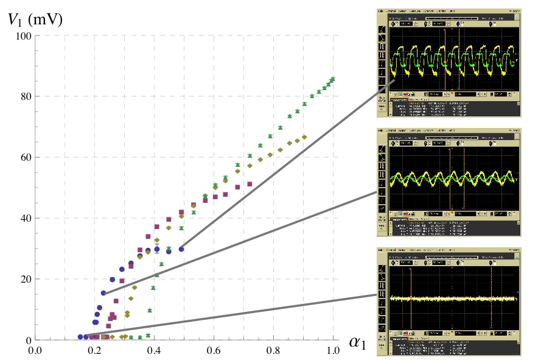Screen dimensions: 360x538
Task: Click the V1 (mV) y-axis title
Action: click(35, 19)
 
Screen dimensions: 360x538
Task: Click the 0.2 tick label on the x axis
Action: click(94, 351)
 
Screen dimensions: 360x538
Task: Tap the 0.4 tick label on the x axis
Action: click(154, 351)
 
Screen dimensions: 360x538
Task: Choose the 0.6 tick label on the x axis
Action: click(214, 351)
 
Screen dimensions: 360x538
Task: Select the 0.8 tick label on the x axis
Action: click(273, 351)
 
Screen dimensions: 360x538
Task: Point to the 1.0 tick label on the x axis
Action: click(333, 351)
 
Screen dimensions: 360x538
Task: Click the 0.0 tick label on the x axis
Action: click(35, 351)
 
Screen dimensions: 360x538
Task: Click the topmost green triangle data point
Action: click(333, 79)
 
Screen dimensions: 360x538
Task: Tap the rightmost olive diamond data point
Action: click(304, 137)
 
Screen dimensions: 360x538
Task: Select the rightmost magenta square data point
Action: click(250, 183)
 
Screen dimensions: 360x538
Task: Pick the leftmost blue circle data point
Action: click(80, 337)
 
